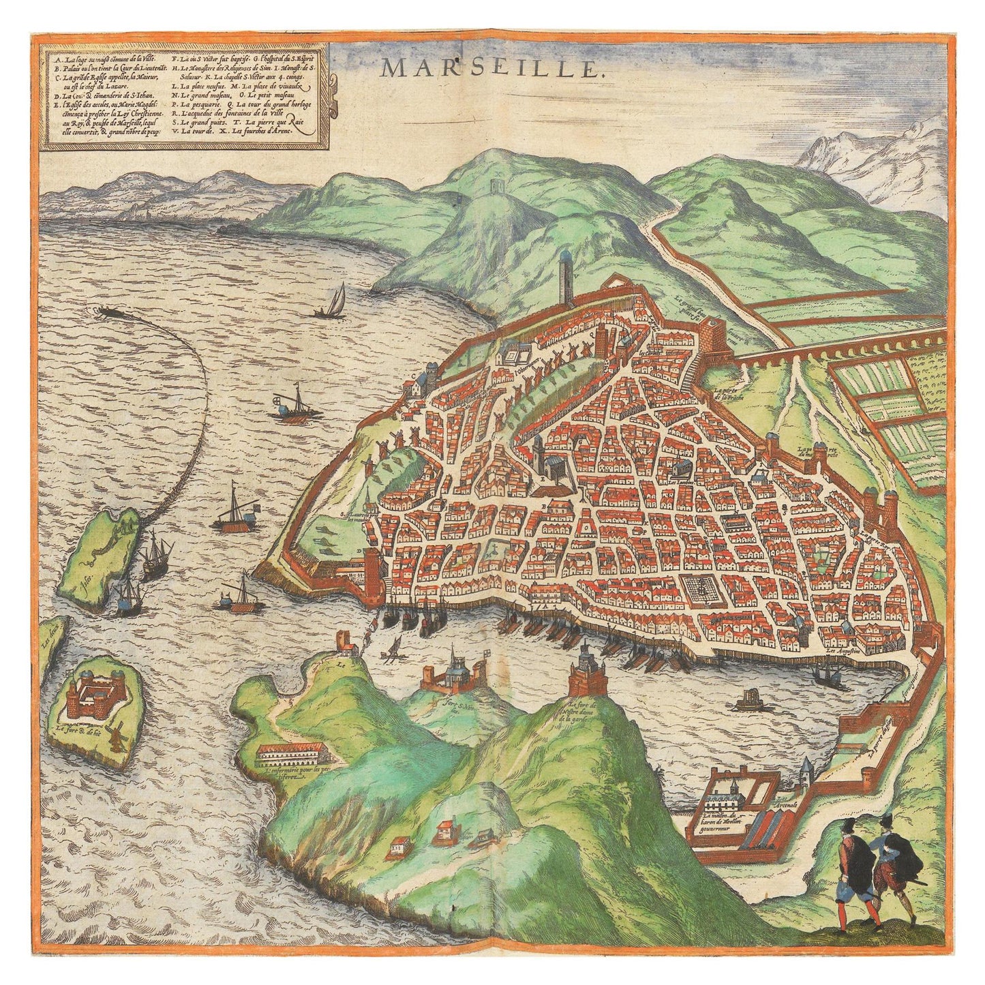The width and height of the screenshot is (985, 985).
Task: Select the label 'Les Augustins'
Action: click(x=845, y=651)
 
